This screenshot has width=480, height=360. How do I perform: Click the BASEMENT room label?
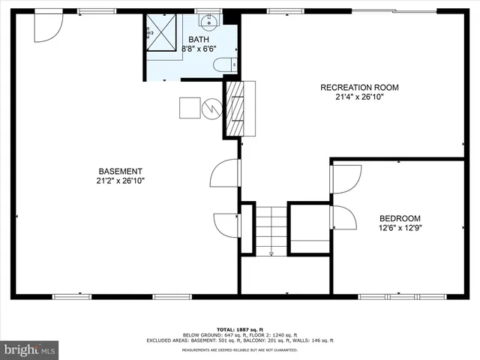tap(119, 171)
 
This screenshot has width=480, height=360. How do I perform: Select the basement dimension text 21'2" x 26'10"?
tap(119, 181)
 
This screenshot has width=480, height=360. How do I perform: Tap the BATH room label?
tap(199, 39)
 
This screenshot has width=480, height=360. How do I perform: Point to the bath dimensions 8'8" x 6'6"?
tap(199, 49)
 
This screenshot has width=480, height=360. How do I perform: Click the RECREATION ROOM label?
tap(359, 88)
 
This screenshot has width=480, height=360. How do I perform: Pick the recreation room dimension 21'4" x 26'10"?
tap(359, 97)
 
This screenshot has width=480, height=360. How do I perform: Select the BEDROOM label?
tap(400, 218)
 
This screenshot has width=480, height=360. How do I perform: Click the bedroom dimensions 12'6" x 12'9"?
tap(400, 228)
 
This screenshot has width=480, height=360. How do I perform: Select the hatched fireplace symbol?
tap(236, 108)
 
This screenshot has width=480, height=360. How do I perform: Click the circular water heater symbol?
tap(211, 109)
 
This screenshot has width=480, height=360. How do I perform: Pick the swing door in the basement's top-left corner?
tap(45, 28)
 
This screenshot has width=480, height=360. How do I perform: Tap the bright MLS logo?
tap(29, 349)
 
